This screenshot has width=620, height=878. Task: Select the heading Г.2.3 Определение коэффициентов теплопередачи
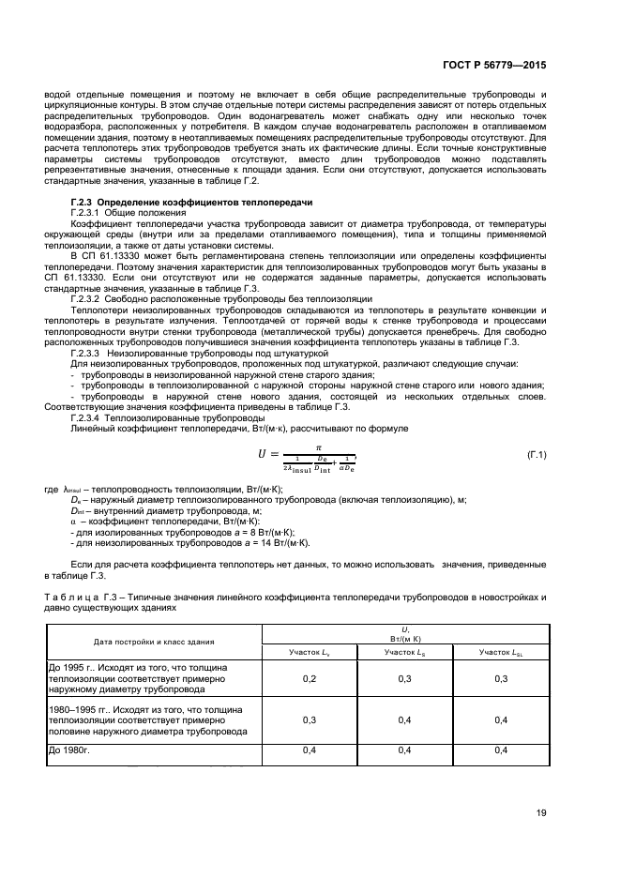(x=191, y=203)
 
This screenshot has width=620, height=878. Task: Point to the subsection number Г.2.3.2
(x=90, y=299)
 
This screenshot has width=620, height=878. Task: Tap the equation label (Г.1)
(x=537, y=455)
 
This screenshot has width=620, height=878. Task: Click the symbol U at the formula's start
(x=263, y=455)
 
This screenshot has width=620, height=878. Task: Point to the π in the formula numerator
(x=318, y=447)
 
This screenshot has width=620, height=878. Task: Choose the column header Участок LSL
(x=499, y=650)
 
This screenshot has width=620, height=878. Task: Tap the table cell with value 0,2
(x=309, y=677)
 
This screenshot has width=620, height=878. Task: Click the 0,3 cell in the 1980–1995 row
(x=309, y=720)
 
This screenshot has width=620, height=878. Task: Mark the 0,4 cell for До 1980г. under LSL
(x=499, y=750)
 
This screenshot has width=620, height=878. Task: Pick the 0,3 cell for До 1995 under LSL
(x=499, y=677)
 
